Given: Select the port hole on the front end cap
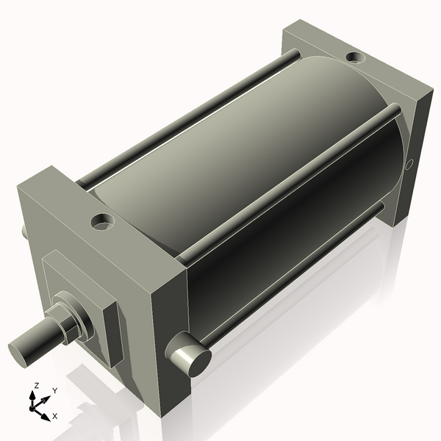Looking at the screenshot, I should click(102, 220).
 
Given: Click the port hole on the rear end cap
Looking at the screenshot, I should click(354, 57).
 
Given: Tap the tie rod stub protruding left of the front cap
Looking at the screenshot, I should click(24, 232).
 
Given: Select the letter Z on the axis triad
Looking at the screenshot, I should click(36, 385).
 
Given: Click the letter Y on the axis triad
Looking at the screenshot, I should click(54, 391).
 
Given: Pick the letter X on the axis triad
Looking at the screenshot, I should click(54, 417).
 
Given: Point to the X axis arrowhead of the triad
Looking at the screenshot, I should click(46, 415).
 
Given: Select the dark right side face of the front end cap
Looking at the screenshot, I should click(169, 345).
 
